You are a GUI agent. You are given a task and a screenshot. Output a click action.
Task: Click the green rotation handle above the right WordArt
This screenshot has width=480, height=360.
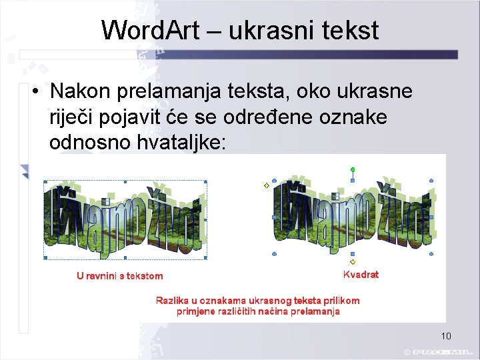pyautogui.click(x=353, y=169)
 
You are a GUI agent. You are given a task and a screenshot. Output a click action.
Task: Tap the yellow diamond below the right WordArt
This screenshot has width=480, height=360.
pyautogui.click(x=353, y=262)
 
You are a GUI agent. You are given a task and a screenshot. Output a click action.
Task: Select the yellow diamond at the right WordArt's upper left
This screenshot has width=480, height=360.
pyautogui.click(x=267, y=185)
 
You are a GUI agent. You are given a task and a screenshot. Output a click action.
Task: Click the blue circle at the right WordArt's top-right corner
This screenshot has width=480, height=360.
pyautogui.click(x=431, y=181)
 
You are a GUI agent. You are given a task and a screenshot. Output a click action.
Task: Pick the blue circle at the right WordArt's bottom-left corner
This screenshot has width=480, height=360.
pyautogui.click(x=275, y=254)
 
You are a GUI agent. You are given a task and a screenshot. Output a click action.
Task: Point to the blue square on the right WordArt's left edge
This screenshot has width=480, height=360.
pyautogui.click(x=275, y=217)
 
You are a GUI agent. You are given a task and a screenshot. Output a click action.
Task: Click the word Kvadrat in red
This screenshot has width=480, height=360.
pyautogui.click(x=361, y=275)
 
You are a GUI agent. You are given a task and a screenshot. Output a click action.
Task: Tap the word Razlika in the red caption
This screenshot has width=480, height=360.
pyautogui.click(x=171, y=301)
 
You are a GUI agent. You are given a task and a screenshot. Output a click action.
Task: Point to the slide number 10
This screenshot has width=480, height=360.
pyautogui.click(x=446, y=336)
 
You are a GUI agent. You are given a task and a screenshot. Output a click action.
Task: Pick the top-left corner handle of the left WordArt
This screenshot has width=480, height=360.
pyautogui.click(x=44, y=181)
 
